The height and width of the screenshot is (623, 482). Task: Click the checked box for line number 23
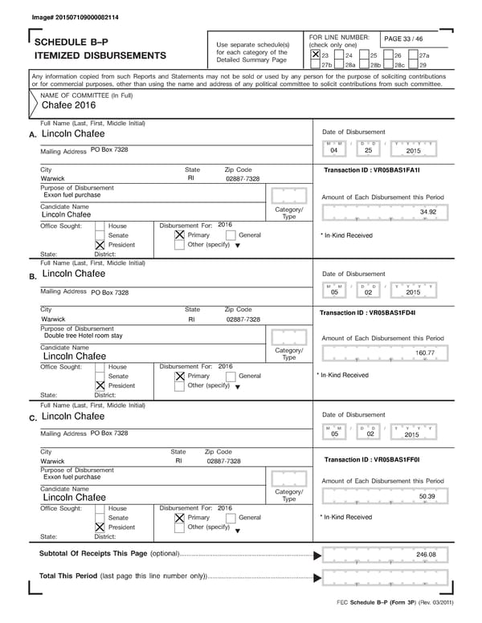315,55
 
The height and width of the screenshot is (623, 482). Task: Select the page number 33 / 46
407,38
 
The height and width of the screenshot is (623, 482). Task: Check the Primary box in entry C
180,518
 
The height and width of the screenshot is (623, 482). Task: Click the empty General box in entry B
232,376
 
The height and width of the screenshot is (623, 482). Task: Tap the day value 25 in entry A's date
368,150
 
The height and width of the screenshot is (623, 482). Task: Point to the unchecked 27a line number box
413,55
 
